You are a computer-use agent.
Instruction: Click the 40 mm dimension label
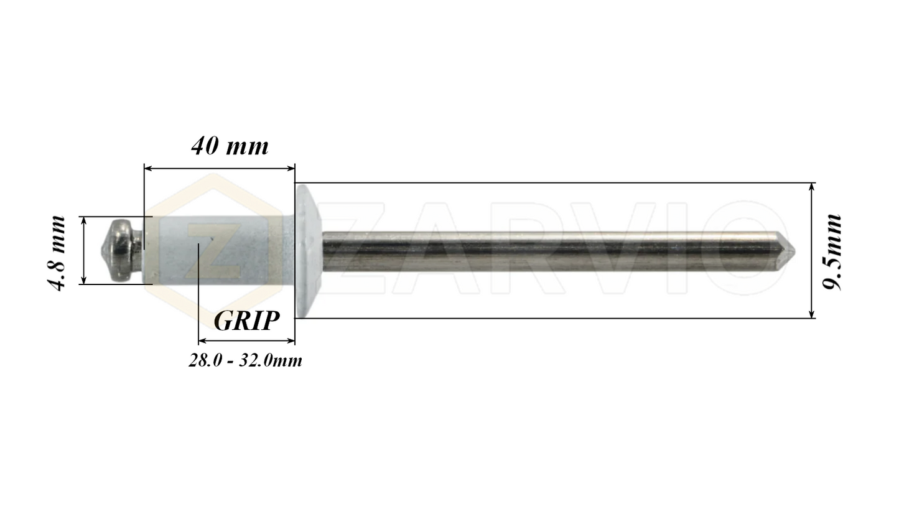230,146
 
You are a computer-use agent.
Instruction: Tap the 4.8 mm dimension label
57,253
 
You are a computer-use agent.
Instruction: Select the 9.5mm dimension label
832,251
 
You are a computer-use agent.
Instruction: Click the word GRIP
246,321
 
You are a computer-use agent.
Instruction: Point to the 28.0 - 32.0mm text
245,360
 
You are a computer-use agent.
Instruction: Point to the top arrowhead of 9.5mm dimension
812,187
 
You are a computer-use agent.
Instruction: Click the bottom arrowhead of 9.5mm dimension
812,314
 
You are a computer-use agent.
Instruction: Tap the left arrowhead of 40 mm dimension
148,167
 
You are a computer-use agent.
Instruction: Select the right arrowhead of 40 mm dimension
291,167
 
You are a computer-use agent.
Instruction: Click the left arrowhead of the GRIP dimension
202,341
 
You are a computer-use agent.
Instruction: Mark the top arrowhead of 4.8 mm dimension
83,220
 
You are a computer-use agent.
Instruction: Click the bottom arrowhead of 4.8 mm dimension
83,280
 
